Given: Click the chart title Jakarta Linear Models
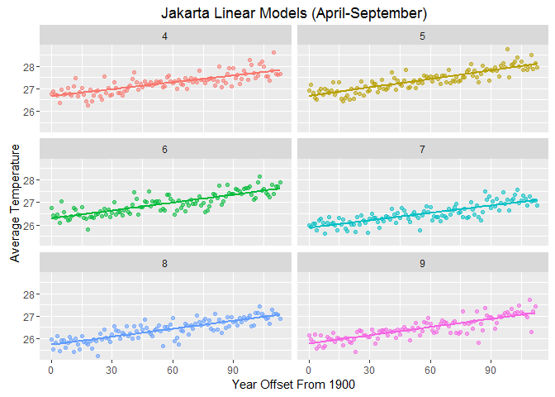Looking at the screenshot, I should (x=293, y=13).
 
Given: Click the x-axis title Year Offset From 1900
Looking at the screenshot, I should (x=293, y=384).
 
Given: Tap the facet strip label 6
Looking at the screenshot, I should (x=165, y=150).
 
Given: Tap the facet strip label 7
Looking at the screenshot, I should (x=423, y=150).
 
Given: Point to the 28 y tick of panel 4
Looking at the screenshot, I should (x=30, y=66).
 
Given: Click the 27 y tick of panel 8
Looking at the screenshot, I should (x=30, y=317).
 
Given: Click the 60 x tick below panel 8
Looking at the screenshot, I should (x=173, y=369).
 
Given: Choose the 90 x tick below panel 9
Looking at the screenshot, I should (x=491, y=369).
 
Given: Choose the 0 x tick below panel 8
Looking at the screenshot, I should (x=50, y=369).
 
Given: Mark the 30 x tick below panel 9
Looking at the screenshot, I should (x=369, y=369).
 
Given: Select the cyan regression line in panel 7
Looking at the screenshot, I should (x=423, y=213).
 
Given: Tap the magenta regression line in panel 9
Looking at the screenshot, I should (x=423, y=326).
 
